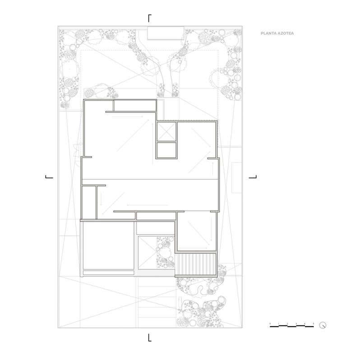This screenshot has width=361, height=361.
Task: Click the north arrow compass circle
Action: click(x=322, y=325)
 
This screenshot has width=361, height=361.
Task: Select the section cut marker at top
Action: click(x=150, y=18)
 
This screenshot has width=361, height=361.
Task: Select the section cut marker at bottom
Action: click(x=150, y=337)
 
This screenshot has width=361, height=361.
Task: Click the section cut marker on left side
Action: click(x=48, y=177)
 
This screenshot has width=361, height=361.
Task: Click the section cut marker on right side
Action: click(x=253, y=177)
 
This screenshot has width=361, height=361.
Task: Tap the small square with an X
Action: click(x=166, y=131)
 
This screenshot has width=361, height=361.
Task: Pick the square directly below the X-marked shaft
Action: click(x=166, y=150)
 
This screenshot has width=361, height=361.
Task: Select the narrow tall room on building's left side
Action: click(x=89, y=202)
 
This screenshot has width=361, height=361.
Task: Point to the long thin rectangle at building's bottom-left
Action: click(x=108, y=272)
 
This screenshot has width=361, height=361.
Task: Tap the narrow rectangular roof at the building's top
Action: click(x=134, y=105)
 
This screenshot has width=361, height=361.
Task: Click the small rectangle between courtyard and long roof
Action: click(x=155, y=216)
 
